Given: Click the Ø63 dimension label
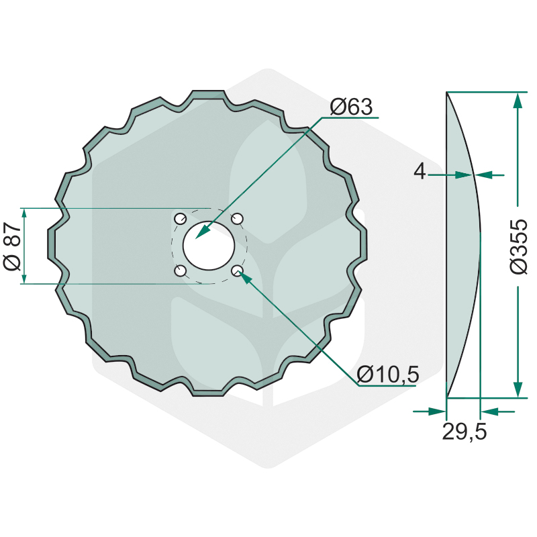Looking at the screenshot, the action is [x=351, y=107].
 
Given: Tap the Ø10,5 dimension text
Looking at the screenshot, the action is [x=388, y=375].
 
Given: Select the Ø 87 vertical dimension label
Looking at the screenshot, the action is [x=12, y=246].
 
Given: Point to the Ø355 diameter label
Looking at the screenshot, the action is [x=518, y=246].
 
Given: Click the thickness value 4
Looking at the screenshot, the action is [x=420, y=171].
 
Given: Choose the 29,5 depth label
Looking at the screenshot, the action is [x=465, y=431].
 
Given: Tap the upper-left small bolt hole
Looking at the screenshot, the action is [x=180, y=219].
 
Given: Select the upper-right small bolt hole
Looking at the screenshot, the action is [x=237, y=219].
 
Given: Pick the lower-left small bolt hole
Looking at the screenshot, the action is [x=180, y=271].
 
